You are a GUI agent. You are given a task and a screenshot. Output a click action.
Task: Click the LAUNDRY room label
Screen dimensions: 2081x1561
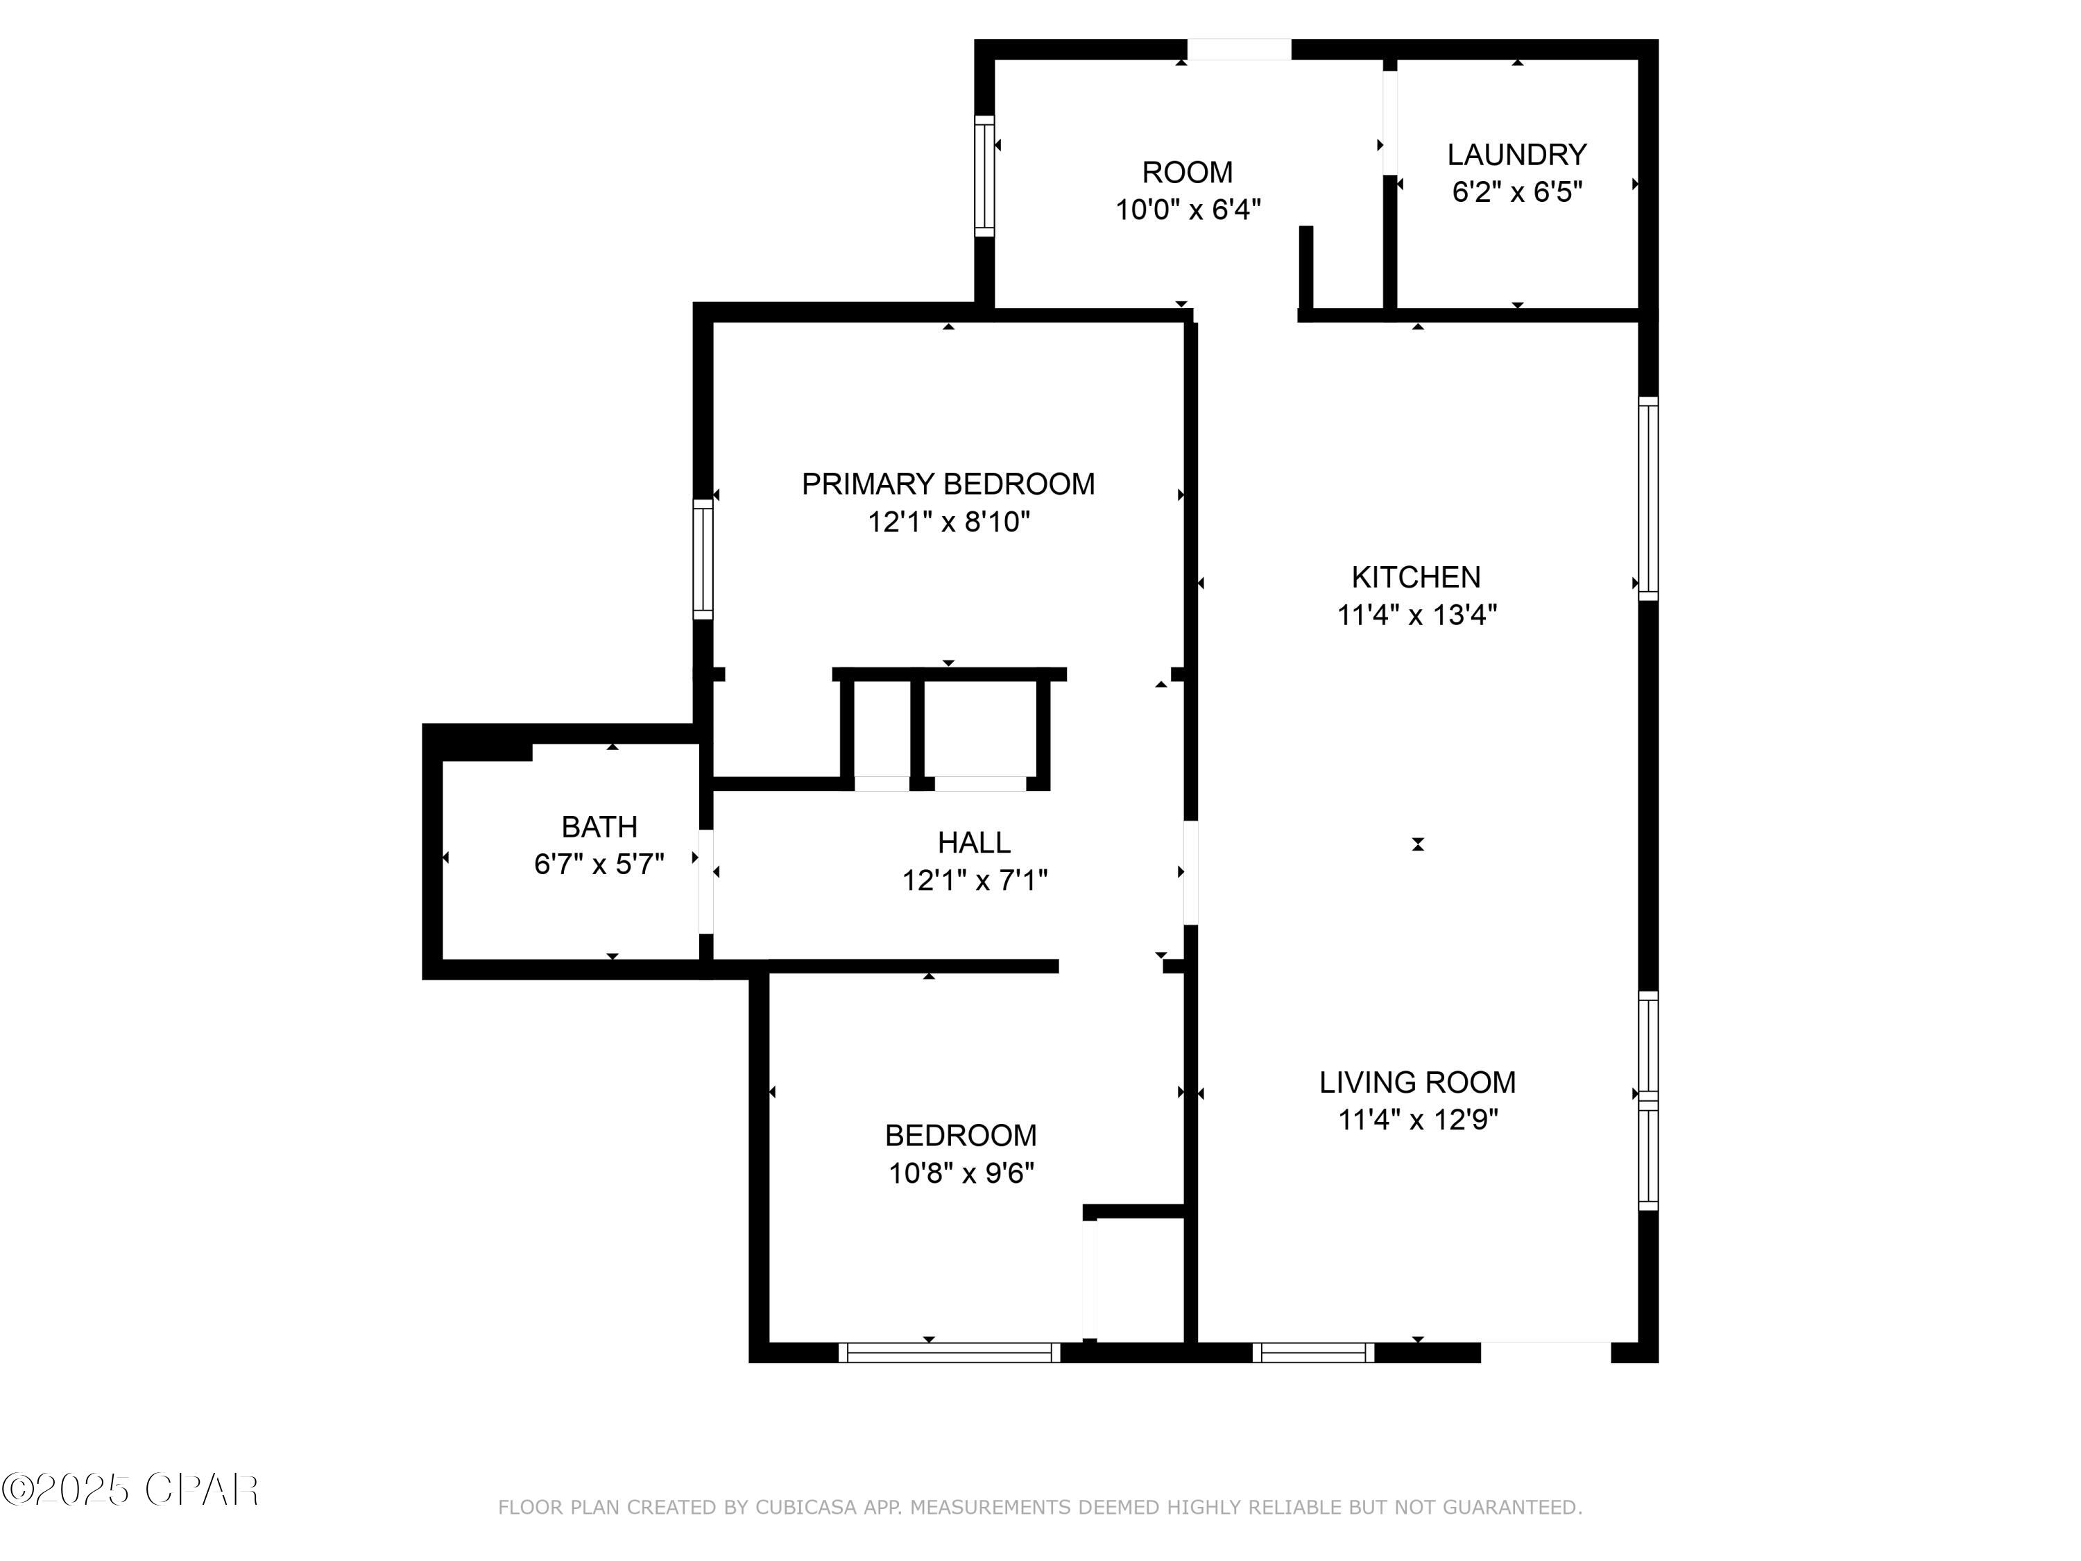coord(1516,154)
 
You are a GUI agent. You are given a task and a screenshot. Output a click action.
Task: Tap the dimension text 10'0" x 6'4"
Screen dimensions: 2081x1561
coord(1188,210)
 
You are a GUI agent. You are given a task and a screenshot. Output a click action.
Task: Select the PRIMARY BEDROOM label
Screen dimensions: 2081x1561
coord(948,484)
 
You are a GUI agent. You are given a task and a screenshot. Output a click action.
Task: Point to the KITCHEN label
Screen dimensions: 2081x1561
coord(1416,577)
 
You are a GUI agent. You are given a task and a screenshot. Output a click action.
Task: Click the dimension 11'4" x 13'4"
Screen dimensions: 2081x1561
coord(1416,615)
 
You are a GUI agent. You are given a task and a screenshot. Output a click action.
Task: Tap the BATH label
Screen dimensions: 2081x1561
coord(599,827)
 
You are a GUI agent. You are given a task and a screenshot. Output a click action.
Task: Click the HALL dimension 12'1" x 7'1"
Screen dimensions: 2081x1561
coord(975,880)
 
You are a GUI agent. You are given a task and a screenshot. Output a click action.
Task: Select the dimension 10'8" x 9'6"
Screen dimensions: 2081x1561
coord(961,1173)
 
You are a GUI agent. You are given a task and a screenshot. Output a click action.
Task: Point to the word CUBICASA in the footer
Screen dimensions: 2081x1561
coord(806,1508)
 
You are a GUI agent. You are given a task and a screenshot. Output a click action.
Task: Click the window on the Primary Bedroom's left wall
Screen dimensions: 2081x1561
coord(703,559)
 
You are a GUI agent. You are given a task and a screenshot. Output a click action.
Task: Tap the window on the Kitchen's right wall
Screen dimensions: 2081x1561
coord(1648,497)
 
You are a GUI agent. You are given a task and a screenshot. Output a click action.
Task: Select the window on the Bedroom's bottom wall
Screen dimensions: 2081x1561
coord(949,1352)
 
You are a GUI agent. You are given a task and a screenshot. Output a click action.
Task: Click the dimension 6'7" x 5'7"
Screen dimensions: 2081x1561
coord(599,864)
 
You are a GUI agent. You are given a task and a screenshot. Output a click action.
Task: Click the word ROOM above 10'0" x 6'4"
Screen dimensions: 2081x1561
coord(1188,172)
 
